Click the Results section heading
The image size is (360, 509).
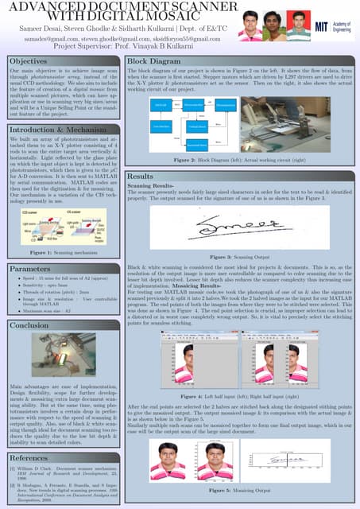point(141,176)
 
